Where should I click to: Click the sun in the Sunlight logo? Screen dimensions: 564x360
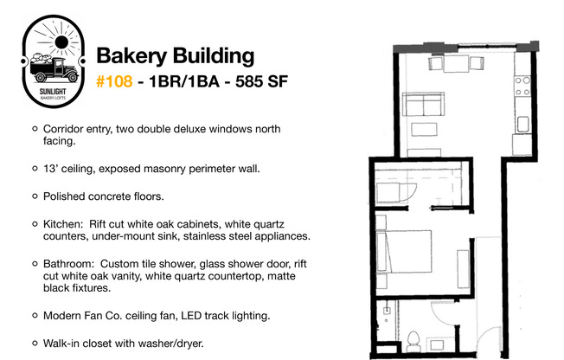(61, 42)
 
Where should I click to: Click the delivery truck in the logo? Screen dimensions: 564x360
(54, 69)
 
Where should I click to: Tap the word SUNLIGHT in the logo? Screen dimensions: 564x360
(53, 92)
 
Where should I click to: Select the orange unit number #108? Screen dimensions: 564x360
(114, 81)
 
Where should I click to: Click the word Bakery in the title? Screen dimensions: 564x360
(131, 56)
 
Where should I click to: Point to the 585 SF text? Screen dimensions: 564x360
(261, 81)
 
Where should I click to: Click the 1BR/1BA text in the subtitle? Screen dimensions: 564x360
(184, 81)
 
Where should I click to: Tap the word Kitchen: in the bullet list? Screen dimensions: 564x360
(63, 224)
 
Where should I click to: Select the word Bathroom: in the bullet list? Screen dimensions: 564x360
(68, 264)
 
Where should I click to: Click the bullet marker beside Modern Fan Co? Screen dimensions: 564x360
(35, 316)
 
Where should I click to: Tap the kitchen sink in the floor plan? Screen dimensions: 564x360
(522, 125)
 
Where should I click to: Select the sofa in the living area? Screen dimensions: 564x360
(423, 104)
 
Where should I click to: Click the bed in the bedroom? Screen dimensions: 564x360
(404, 251)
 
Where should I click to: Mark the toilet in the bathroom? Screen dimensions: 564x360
(413, 342)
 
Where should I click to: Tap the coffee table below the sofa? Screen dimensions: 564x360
(424, 129)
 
